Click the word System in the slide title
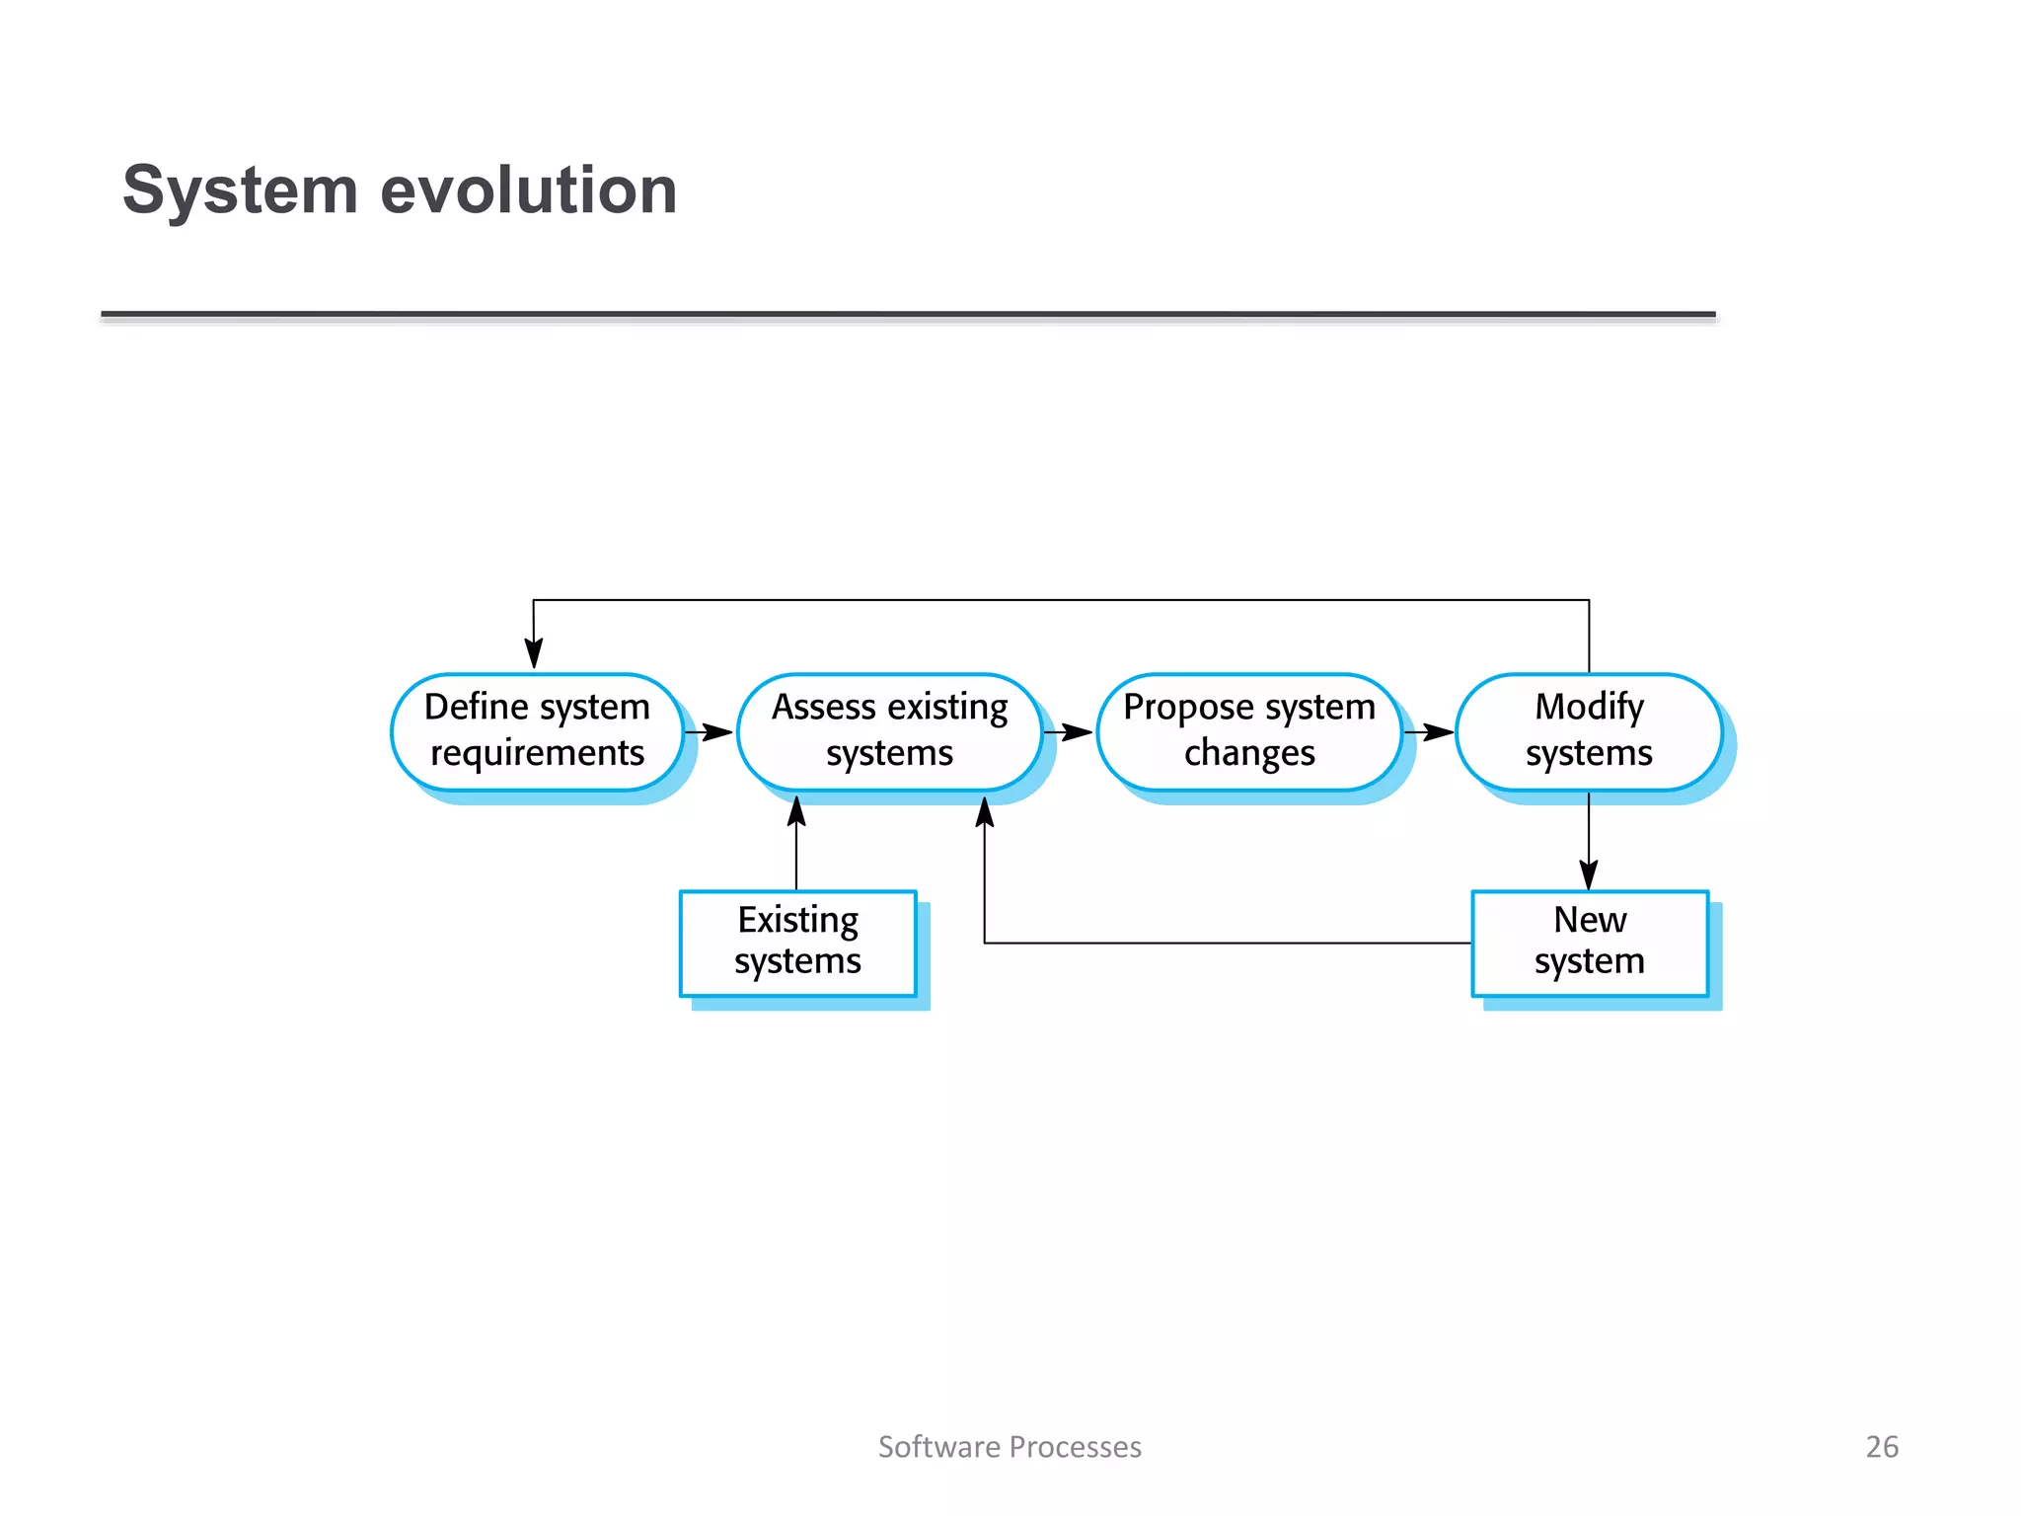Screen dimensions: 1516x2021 point(240,189)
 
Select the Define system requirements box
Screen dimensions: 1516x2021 point(537,731)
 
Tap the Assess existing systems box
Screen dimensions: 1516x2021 point(889,731)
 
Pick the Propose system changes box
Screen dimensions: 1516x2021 point(1248,731)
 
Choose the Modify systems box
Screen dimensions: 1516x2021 point(1588,731)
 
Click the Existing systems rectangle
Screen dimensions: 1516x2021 point(797,943)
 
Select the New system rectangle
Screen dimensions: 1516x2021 point(1589,943)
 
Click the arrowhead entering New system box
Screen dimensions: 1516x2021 point(1589,874)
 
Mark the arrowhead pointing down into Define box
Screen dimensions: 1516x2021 point(534,653)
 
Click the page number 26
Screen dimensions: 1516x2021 point(1881,1446)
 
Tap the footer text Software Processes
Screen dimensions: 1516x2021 point(1010,1446)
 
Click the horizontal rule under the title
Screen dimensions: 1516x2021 point(908,315)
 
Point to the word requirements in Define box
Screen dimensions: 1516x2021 point(537,753)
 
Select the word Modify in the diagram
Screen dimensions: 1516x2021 point(1589,707)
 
